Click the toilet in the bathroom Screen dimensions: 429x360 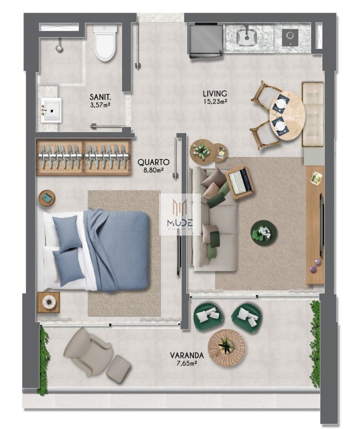pos(105,44)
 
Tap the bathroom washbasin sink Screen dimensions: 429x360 pos(52,110)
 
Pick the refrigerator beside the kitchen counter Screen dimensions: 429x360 pos(205,40)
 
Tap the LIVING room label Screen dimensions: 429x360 pos(215,93)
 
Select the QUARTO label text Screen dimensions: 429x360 pos(153,162)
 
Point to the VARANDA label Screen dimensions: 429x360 pos(187,355)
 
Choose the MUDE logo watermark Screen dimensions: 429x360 pos(180,214)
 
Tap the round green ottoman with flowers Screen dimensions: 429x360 pos(264,233)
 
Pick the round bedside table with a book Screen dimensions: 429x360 pos(47,198)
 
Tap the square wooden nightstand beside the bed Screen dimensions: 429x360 pos(49,302)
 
